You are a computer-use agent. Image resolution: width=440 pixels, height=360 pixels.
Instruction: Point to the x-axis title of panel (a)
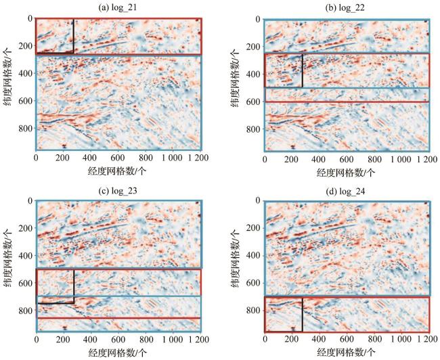coord(118,172)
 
